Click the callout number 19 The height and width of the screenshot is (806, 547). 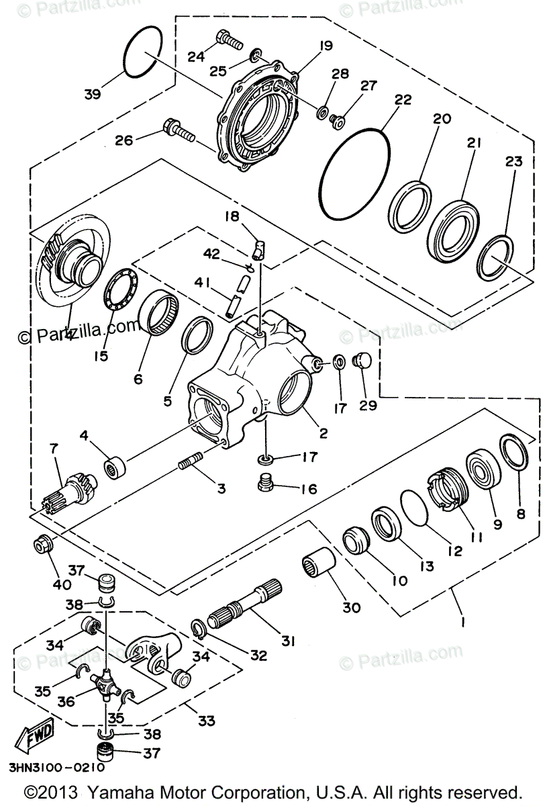click(x=326, y=46)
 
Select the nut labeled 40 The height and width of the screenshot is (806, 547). click(x=43, y=544)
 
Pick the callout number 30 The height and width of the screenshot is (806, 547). click(x=351, y=608)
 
